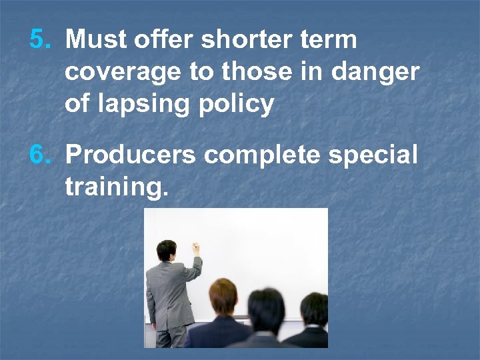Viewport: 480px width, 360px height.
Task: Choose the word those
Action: coord(255,72)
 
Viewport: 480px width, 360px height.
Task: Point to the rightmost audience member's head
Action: coord(313,310)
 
